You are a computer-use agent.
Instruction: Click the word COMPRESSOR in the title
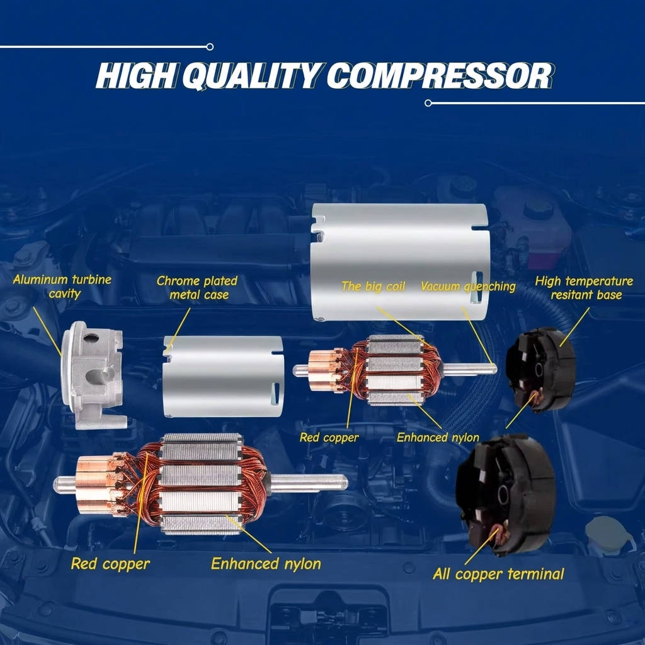tap(440, 76)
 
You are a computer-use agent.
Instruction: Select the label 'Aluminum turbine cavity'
tap(62, 287)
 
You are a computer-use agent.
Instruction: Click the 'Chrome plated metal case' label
tap(197, 288)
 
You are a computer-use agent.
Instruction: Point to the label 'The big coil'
tap(373, 287)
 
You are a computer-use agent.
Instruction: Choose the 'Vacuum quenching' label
tap(468, 287)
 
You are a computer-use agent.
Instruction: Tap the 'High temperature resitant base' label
tap(584, 288)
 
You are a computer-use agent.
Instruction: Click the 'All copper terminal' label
tap(498, 574)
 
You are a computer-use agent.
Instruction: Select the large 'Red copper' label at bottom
tap(110, 564)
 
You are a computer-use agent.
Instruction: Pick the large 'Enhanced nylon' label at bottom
tap(266, 564)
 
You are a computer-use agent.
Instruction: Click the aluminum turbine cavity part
tap(93, 375)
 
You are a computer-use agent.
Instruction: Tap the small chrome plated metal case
tap(223, 377)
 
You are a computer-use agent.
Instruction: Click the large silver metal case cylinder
tap(400, 261)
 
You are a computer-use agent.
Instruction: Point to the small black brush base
tap(540, 369)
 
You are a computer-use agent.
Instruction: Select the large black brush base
tap(506, 494)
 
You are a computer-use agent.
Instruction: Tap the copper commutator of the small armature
tap(324, 370)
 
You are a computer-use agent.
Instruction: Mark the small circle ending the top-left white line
tap(210, 47)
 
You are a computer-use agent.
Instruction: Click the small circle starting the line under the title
tap(428, 103)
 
